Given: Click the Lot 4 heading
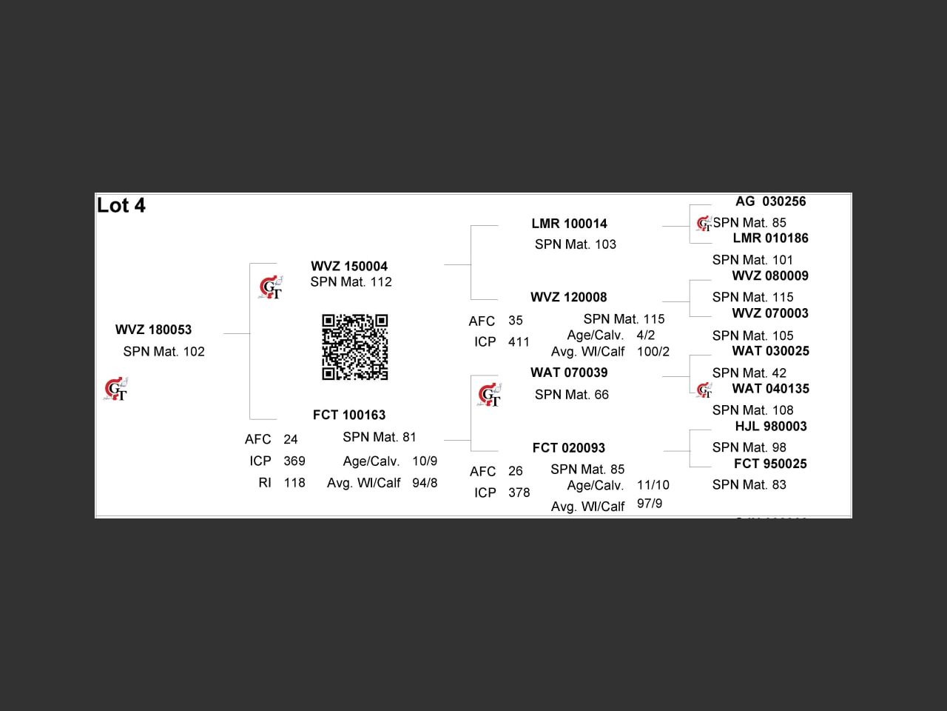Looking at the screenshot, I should [121, 206].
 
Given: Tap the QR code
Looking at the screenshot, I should [354, 347].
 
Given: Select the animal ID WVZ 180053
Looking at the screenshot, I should [153, 330].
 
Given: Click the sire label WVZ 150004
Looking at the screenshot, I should [349, 267].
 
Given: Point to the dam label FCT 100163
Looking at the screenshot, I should [349, 415].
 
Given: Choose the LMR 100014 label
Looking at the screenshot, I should [569, 224].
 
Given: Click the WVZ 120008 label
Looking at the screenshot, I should [568, 298].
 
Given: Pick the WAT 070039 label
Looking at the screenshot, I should [569, 373].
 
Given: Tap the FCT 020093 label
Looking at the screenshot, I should [568, 448].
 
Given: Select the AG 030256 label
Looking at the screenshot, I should [770, 201].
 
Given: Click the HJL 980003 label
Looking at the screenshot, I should [770, 427].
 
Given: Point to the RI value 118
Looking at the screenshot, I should [294, 483].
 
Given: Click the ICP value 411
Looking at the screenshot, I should [519, 342].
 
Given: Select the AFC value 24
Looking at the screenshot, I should [291, 440].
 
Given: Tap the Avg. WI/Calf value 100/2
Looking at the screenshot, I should [653, 352].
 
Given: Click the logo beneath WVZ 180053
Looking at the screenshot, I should [115, 389].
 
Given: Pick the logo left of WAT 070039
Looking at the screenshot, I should [489, 395].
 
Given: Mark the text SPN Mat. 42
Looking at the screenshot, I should [749, 373].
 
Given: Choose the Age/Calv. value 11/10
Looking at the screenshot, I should [653, 486].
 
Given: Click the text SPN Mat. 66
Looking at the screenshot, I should [571, 395].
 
